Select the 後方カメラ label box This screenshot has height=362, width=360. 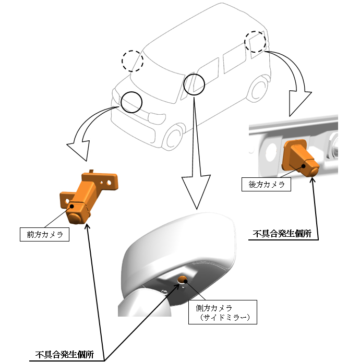pos(267,185)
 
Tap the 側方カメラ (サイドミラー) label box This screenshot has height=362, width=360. pos(223,312)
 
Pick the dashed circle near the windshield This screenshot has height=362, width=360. pos(132,61)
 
